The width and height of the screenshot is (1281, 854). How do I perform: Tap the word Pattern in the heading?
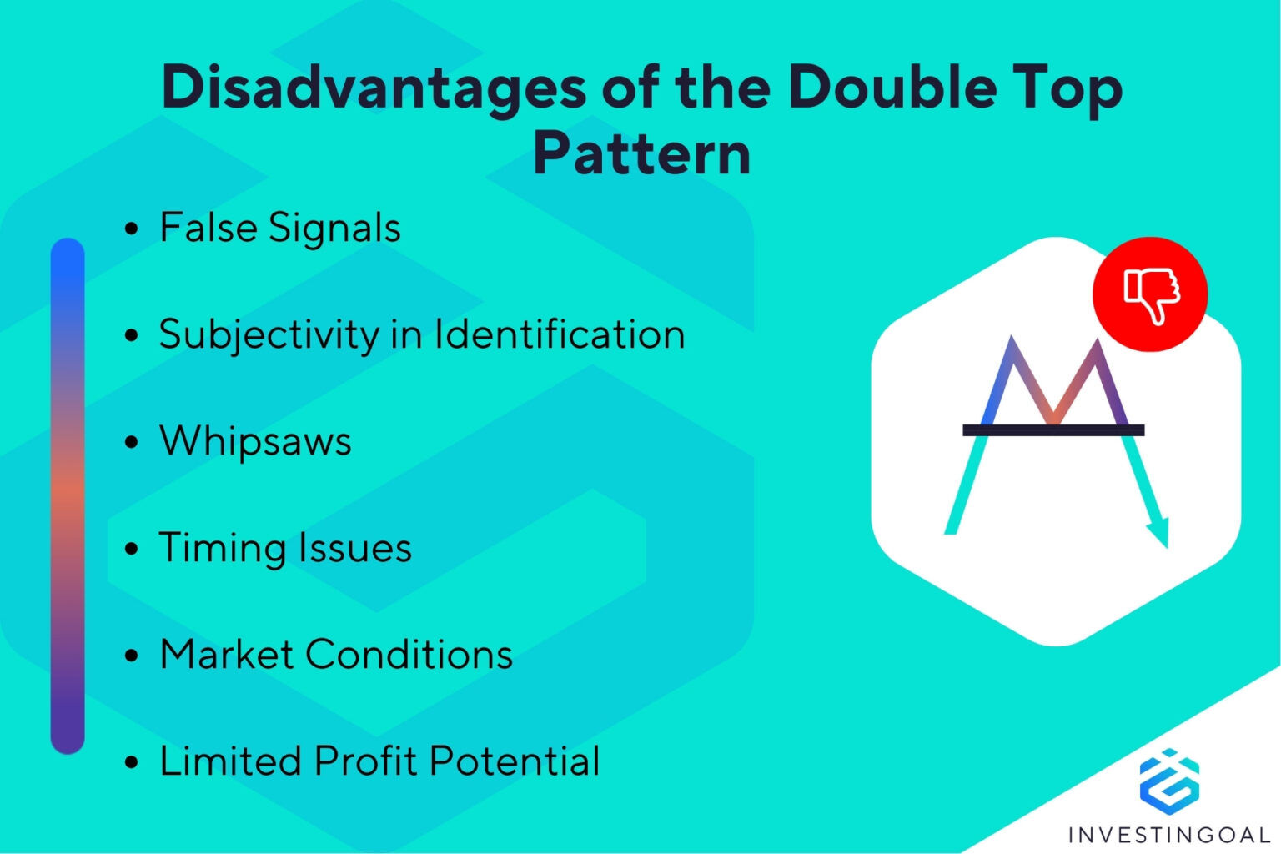coord(641,154)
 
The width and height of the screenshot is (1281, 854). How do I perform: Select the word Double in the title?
coord(891,87)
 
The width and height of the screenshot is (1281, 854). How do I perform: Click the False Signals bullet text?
coord(279,228)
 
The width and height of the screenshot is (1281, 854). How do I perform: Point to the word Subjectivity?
coord(269,335)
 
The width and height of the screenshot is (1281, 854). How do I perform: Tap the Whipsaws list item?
coord(255,441)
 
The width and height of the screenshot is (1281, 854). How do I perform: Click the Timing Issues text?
coord(285,548)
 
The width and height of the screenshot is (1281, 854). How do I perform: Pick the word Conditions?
coord(409,655)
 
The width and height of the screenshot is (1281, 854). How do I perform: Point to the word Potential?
coord(515,761)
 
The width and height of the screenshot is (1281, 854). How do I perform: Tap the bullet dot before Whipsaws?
coord(131,442)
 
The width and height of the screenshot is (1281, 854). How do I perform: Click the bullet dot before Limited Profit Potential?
coord(131,762)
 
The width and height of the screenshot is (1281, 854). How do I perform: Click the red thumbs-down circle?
coord(1150,294)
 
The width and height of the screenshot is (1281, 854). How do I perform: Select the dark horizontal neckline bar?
coord(1053,430)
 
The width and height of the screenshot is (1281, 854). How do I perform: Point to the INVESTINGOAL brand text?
coord(1168,834)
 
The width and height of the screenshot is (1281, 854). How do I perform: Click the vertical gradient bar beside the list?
coord(68,495)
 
